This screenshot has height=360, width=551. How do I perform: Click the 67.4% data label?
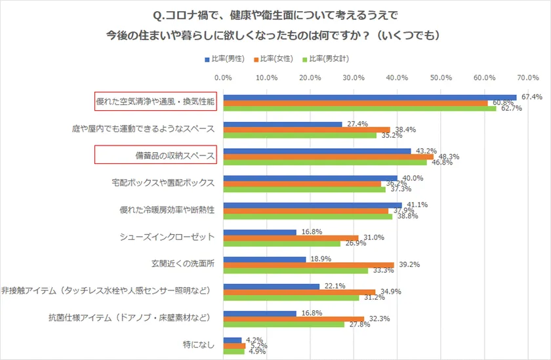(x=532, y=97)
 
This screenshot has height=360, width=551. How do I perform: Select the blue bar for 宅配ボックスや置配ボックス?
(x=310, y=178)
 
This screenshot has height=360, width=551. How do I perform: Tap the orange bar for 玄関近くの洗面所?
(x=308, y=264)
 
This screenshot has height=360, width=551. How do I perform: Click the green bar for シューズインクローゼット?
(x=282, y=243)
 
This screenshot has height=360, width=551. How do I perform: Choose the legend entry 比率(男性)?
(x=224, y=58)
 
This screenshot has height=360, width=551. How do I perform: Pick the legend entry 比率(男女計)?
(x=329, y=58)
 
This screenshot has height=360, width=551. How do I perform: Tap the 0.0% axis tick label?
(x=224, y=77)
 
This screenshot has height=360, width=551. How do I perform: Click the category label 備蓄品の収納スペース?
(x=155, y=155)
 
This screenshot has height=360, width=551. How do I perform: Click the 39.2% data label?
(x=409, y=265)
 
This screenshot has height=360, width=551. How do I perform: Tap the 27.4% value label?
(x=358, y=124)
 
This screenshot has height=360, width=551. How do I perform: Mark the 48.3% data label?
(x=449, y=157)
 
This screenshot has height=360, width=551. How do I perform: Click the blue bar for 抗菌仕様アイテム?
(x=260, y=313)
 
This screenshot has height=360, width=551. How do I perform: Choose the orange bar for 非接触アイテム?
(x=299, y=292)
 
